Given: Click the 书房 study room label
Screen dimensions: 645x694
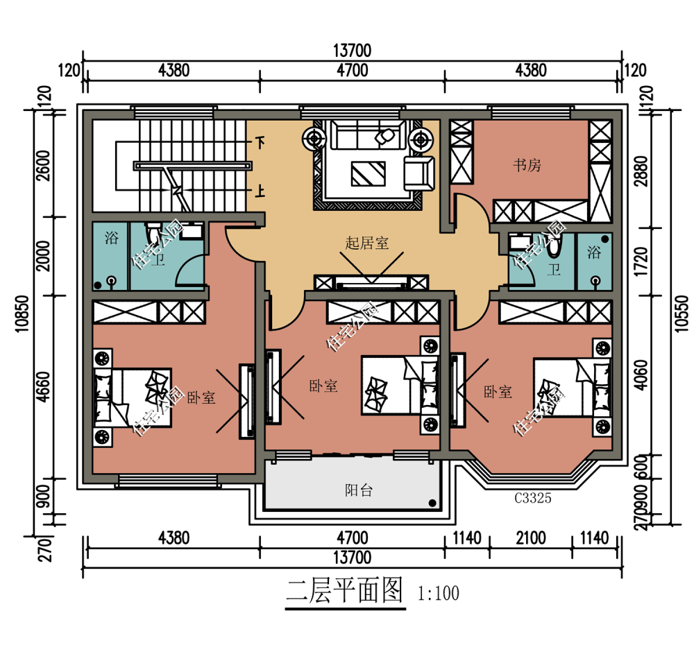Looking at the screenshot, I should coord(527,165).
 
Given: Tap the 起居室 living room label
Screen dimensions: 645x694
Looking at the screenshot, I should coord(367,243).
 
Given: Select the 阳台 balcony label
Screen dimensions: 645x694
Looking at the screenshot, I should coord(359,490).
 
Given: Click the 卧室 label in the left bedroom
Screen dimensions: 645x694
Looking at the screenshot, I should coord(201,398).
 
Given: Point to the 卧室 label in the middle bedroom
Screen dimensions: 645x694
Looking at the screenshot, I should coord(323,386).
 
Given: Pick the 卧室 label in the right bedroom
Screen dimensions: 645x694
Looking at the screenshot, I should coord(498,392).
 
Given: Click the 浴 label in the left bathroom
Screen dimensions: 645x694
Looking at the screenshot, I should coord(111,239).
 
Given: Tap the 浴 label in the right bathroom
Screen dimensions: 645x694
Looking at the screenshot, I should coord(594,252).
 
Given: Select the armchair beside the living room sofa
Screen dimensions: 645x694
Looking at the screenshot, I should coord(418,172).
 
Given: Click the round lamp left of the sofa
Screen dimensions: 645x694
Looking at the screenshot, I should coord(314,139).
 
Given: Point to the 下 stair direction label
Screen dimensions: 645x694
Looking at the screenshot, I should coord(260,144).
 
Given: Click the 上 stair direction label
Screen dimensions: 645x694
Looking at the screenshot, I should coord(260,191).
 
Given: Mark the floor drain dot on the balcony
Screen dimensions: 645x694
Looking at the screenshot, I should coord(432,503).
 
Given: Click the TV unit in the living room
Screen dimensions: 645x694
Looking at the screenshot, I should coord(371,283).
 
